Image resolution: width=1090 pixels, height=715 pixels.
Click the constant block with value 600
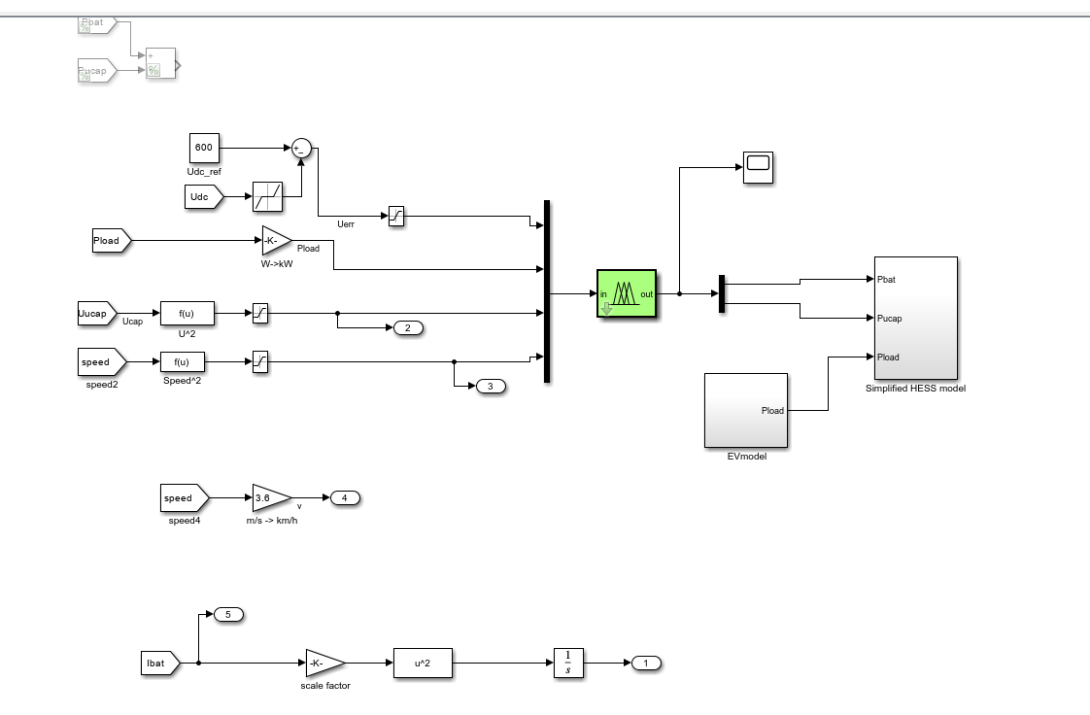click(x=203, y=149)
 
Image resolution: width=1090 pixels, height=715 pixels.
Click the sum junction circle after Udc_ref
click(x=300, y=149)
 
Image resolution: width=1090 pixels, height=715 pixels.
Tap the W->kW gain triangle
click(x=275, y=240)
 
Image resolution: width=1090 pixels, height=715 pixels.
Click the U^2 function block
click(x=187, y=313)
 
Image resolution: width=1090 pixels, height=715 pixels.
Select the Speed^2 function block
click(x=187, y=362)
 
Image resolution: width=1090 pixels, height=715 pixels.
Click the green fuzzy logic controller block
click(x=627, y=293)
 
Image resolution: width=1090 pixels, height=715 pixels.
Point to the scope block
click(x=757, y=168)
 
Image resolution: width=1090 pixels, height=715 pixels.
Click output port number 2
click(x=408, y=328)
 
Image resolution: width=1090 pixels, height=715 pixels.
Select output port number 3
click(x=491, y=387)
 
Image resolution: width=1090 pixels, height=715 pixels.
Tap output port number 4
click(x=345, y=498)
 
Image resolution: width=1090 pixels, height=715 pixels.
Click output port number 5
click(x=227, y=615)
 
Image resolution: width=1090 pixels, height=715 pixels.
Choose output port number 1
click(x=646, y=664)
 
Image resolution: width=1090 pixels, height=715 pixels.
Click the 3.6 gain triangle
click(x=269, y=498)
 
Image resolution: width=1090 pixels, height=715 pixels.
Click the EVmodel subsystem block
click(x=746, y=410)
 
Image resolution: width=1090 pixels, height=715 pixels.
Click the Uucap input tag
click(x=95, y=313)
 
